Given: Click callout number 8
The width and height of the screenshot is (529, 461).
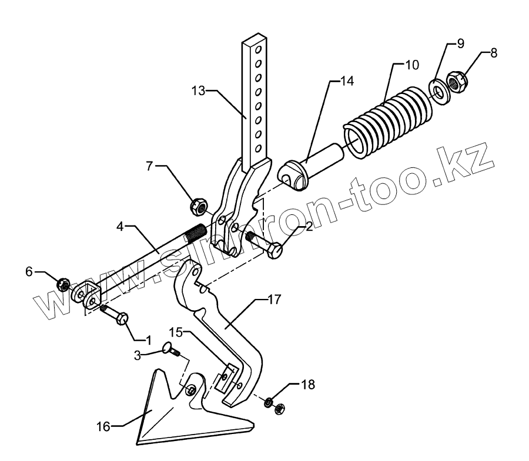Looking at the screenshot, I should click(493, 52).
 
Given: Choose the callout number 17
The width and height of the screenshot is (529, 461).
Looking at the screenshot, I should click(274, 300).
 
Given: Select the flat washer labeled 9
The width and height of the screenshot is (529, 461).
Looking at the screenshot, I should click(438, 89).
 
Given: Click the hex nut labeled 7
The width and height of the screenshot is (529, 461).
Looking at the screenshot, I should click(199, 206).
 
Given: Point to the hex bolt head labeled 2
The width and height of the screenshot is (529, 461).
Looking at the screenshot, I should click(274, 250).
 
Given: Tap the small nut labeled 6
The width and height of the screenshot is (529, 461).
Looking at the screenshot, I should click(64, 285).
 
